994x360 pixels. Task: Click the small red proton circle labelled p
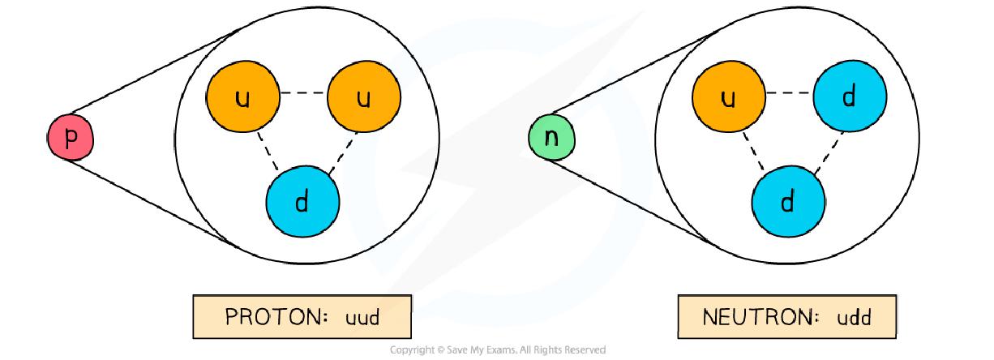pyautogui.click(x=71, y=139)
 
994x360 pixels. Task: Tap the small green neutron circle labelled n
pyautogui.click(x=551, y=137)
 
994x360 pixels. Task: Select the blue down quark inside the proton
pyautogui.click(x=302, y=201)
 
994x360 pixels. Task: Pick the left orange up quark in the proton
pyautogui.click(x=244, y=98)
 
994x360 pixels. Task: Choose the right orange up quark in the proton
pyautogui.click(x=363, y=98)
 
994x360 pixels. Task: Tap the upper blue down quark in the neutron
pyautogui.click(x=849, y=98)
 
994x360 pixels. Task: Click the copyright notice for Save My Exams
pyautogui.click(x=497, y=350)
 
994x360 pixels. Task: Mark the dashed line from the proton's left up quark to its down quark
pyautogui.click(x=268, y=151)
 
